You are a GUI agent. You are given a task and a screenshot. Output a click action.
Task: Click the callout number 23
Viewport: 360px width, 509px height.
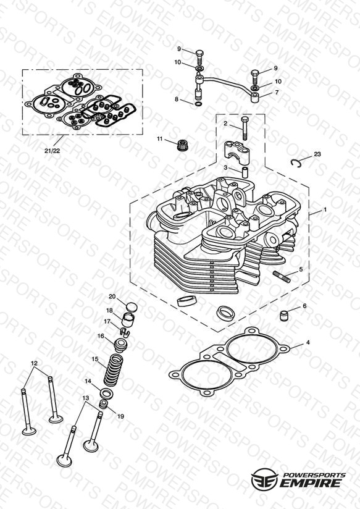click(317, 154)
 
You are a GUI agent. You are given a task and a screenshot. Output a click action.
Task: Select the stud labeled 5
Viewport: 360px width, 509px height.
click(282, 277)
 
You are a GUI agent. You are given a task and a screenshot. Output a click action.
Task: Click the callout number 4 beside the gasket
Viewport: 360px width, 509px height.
click(308, 342)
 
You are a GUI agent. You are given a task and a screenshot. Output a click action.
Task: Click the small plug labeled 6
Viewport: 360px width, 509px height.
click(284, 315)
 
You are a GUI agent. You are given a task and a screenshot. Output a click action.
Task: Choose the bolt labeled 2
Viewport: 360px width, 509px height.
click(245, 128)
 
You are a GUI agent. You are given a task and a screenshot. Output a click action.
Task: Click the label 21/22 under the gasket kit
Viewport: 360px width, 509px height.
click(52, 151)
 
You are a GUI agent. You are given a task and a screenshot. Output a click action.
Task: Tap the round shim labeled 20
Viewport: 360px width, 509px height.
click(132, 307)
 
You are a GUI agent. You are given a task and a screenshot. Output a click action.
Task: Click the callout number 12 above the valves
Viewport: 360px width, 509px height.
click(35, 363)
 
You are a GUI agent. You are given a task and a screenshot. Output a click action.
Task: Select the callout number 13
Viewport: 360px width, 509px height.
click(85, 398)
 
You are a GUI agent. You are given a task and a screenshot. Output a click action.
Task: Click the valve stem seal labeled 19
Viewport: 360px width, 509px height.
click(104, 405)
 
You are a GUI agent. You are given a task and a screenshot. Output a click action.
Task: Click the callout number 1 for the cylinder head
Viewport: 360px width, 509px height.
click(325, 210)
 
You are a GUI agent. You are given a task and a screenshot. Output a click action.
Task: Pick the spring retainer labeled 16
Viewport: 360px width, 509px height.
click(121, 344)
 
